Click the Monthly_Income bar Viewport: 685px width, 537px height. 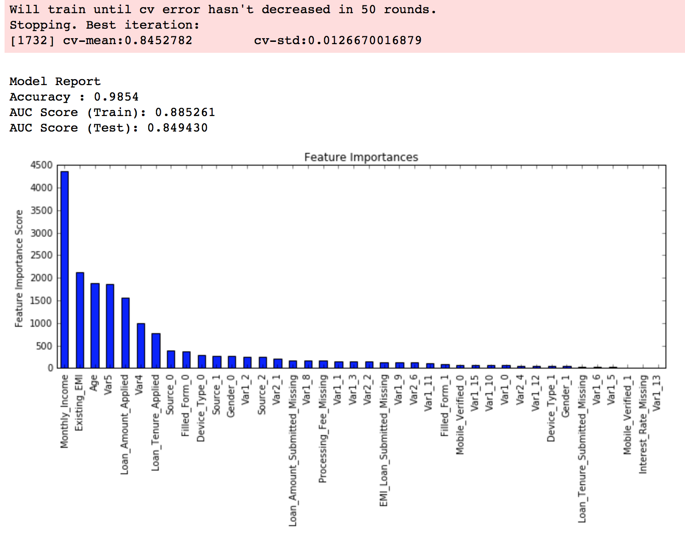[x=65, y=269]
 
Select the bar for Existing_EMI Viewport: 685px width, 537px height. [x=80, y=320]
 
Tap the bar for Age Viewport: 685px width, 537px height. [x=95, y=325]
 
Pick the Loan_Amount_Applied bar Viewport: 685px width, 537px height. [x=126, y=333]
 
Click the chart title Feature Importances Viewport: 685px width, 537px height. [x=361, y=157]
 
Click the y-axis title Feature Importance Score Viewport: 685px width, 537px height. [x=19, y=268]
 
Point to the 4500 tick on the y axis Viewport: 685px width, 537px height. [x=41, y=165]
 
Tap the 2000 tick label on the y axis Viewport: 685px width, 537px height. [x=41, y=278]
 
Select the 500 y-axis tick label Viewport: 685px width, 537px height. [x=44, y=346]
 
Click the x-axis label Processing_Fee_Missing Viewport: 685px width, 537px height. [x=323, y=428]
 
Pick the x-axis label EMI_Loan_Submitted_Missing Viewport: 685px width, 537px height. [x=384, y=440]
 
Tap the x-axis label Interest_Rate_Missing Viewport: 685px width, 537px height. [x=643, y=424]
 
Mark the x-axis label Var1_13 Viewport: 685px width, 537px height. [x=657, y=393]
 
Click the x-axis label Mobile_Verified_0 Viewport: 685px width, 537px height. [x=460, y=414]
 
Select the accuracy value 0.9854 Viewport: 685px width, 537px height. [x=116, y=97]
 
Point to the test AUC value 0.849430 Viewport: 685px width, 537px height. [x=177, y=128]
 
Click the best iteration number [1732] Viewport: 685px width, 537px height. [x=32, y=41]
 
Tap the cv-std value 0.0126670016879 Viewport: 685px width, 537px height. [x=365, y=41]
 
